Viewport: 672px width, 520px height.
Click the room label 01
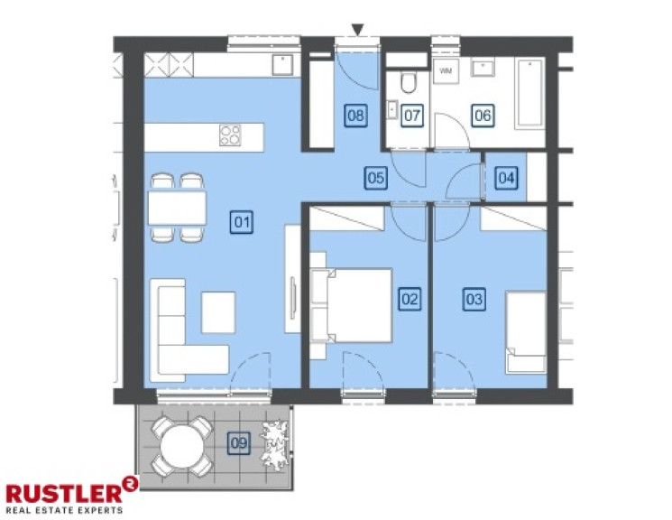point(242,220)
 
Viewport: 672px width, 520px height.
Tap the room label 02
point(410,298)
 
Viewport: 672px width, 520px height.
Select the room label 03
point(474,298)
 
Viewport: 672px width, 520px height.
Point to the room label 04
point(507,178)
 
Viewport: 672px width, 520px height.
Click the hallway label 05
point(376,178)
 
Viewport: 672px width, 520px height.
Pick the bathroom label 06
point(483,115)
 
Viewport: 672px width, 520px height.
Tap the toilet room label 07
point(412,115)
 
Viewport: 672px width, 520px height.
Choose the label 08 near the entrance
point(355,115)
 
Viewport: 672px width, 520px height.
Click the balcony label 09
point(239,442)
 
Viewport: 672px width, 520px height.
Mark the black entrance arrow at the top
point(358,31)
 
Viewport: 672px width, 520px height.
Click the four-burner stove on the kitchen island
point(231,136)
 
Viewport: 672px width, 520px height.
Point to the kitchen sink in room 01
point(282,64)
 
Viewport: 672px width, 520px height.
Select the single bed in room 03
point(525,331)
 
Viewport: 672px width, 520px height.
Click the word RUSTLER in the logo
point(63,493)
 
